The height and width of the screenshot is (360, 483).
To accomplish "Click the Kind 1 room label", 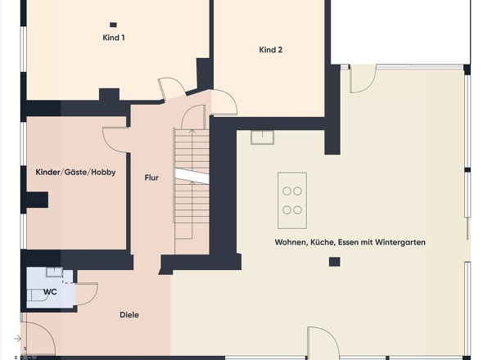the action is pyautogui.click(x=114, y=38).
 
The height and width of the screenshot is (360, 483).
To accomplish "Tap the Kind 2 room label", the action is pyautogui.click(x=270, y=50).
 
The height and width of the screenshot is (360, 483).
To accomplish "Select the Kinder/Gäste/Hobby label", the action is pyautogui.click(x=76, y=172).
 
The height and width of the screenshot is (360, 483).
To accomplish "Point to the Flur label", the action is pyautogui.click(x=151, y=178).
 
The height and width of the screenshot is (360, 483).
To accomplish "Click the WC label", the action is pyautogui.click(x=50, y=291).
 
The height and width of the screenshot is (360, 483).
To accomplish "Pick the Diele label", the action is pyautogui.click(x=129, y=315).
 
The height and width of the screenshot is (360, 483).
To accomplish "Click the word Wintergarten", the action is pyautogui.click(x=400, y=242).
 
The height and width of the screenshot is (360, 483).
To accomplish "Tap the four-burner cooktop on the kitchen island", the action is pyautogui.click(x=292, y=200).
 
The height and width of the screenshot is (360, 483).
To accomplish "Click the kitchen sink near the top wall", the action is pyautogui.click(x=262, y=137).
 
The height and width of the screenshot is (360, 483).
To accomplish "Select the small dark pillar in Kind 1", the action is pyautogui.click(x=113, y=25).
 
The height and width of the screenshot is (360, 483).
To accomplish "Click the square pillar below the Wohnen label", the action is pyautogui.click(x=335, y=262).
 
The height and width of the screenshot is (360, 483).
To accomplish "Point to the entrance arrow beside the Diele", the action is pyautogui.click(x=17, y=339).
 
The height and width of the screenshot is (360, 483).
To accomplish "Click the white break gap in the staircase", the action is pyautogui.click(x=192, y=176).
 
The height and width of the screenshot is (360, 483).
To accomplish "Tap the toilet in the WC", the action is pyautogui.click(x=37, y=295).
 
